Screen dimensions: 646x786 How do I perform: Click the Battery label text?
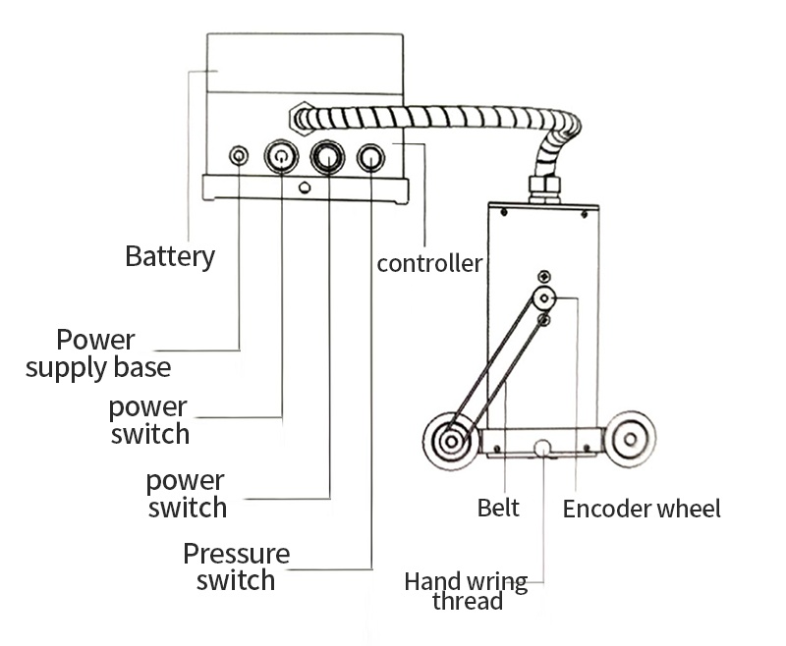[x=169, y=257]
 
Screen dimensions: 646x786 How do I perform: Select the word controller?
[x=429, y=263]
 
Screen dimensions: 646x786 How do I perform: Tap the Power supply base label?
[x=97, y=354]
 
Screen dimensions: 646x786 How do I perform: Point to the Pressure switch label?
[x=236, y=566]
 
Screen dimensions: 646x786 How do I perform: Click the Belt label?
[x=498, y=508]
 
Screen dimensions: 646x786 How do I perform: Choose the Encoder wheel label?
[x=642, y=509]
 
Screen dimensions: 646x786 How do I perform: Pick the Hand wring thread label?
[x=466, y=590]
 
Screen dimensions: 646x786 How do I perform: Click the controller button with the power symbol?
[x=282, y=156]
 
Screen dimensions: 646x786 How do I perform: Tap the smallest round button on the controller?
[x=239, y=156]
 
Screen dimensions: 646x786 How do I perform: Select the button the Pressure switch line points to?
[x=370, y=157]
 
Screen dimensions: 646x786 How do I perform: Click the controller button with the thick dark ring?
[x=327, y=157]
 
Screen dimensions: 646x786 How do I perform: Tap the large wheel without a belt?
[x=628, y=439]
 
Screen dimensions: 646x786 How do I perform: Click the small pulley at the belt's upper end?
[x=543, y=298]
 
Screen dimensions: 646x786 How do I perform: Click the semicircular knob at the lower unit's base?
[x=543, y=449]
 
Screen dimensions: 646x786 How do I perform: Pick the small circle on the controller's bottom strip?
[x=304, y=187]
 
